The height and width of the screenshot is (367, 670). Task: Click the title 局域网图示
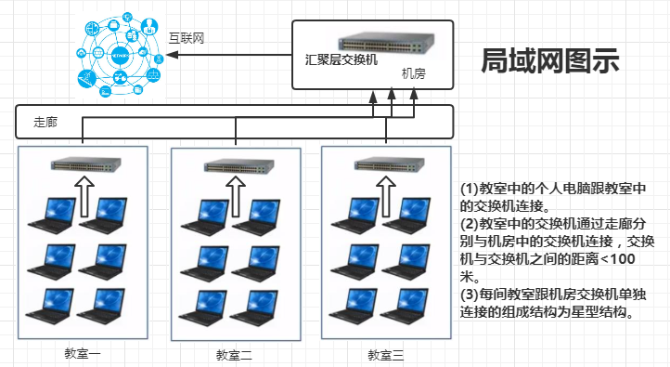pyautogui.click(x=550, y=60)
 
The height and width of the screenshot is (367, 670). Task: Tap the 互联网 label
pyautogui.click(x=187, y=38)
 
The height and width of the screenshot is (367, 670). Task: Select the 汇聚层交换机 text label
pyautogui.click(x=341, y=59)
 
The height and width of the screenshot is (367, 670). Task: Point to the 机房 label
pyautogui.click(x=414, y=73)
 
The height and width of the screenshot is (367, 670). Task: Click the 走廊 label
pyautogui.click(x=45, y=122)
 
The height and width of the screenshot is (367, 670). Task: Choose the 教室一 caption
pyautogui.click(x=83, y=353)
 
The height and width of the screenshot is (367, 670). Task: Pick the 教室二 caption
pyautogui.click(x=234, y=355)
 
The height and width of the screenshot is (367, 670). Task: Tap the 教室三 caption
pyautogui.click(x=385, y=355)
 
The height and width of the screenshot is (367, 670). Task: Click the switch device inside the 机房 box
pyautogui.click(x=386, y=43)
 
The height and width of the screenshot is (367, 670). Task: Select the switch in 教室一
pyautogui.click(x=86, y=164)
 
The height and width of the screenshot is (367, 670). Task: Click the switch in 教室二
pyautogui.click(x=238, y=166)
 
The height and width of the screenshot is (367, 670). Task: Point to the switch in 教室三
pyautogui.click(x=389, y=164)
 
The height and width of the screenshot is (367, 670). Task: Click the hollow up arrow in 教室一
pyautogui.click(x=84, y=196)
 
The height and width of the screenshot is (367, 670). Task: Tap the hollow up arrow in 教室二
pyautogui.click(x=236, y=196)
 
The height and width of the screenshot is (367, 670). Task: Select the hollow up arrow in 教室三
pyautogui.click(x=386, y=196)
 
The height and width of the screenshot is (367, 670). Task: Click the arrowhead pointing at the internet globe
pyautogui.click(x=172, y=55)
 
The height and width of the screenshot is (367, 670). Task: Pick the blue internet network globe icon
pyautogui.click(x=120, y=55)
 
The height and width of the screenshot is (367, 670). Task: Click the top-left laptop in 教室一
pyautogui.click(x=52, y=215)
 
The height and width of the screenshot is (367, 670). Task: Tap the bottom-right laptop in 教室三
pyautogui.click(x=406, y=307)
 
